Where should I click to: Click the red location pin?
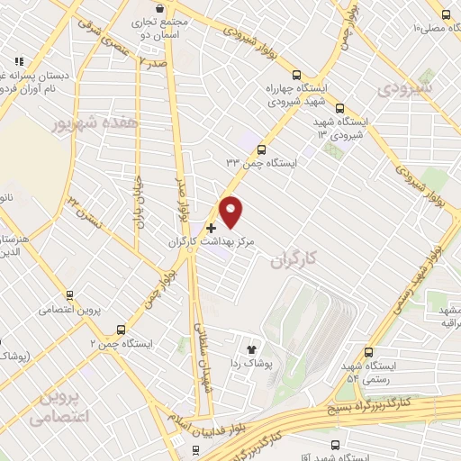[231, 211]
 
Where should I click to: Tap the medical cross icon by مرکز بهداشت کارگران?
[212, 228]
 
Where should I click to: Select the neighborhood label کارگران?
[294, 259]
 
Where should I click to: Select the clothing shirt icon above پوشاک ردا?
[251, 347]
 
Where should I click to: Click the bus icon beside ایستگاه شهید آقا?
[335, 444]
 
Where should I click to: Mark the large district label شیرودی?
[407, 89]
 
